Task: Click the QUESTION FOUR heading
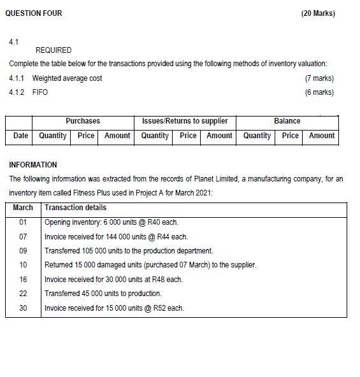click(33, 13)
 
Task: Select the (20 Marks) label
click(317, 13)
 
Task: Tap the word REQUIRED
click(54, 50)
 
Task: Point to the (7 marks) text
click(319, 78)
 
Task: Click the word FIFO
click(40, 92)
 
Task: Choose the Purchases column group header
click(83, 121)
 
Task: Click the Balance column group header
click(287, 121)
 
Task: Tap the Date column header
click(21, 136)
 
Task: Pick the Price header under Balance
click(291, 136)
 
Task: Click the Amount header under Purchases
click(117, 136)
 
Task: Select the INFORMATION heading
click(33, 164)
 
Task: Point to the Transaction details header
click(75, 208)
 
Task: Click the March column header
click(23, 208)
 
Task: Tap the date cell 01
click(24, 222)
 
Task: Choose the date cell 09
click(24, 251)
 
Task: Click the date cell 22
click(24, 294)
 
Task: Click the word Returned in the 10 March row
click(59, 265)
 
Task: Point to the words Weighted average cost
click(67, 78)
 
